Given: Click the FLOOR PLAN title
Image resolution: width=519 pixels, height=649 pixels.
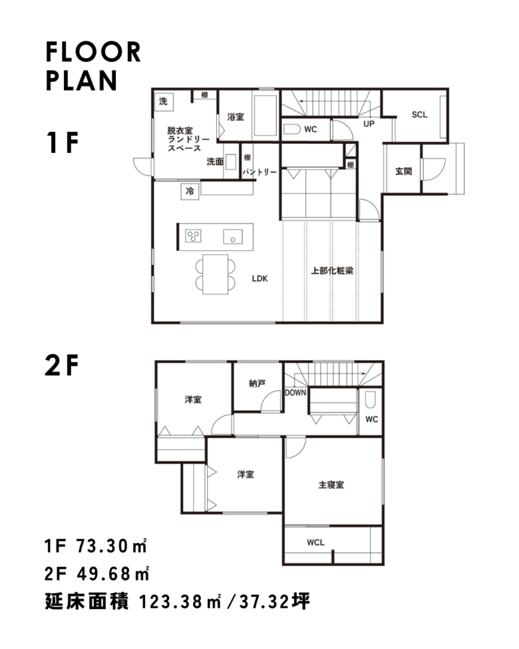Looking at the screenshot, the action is pyautogui.click(x=94, y=66).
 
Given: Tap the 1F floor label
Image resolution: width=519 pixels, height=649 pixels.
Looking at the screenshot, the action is pyautogui.click(x=62, y=143).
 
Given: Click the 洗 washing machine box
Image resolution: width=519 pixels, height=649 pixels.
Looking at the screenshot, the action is pyautogui.click(x=163, y=101).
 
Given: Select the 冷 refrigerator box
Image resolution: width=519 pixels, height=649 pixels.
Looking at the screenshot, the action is pyautogui.click(x=190, y=191).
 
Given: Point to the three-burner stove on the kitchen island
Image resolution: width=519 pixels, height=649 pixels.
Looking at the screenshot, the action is pyautogui.click(x=193, y=236).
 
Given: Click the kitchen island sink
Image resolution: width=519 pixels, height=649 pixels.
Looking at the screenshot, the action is pyautogui.click(x=233, y=236).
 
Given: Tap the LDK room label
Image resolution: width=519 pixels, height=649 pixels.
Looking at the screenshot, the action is pyautogui.click(x=260, y=279).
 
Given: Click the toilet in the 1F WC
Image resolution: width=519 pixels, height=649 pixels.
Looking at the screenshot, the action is pyautogui.click(x=292, y=129).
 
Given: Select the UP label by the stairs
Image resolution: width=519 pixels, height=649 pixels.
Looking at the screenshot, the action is pyautogui.click(x=369, y=124).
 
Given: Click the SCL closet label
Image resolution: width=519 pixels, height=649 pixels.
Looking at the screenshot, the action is pyautogui.click(x=420, y=115).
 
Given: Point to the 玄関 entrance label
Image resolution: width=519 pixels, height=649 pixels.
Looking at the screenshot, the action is pyautogui.click(x=404, y=171).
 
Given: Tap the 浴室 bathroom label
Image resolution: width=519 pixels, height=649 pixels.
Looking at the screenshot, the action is pyautogui.click(x=236, y=117).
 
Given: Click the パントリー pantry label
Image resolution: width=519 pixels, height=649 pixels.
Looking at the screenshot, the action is pyautogui.click(x=260, y=172).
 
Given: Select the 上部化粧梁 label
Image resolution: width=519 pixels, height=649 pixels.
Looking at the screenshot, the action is pyautogui.click(x=332, y=271).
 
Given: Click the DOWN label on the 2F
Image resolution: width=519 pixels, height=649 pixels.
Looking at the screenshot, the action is pyautogui.click(x=295, y=392).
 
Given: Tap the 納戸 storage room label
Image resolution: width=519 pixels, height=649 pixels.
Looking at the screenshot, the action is pyautogui.click(x=257, y=383).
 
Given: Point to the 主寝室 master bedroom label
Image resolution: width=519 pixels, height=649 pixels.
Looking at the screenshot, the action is pyautogui.click(x=331, y=485).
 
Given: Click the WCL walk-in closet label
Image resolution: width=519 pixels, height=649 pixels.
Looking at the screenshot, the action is pyautogui.click(x=316, y=543).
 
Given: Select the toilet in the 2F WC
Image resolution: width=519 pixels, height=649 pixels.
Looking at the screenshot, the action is pyautogui.click(x=371, y=400).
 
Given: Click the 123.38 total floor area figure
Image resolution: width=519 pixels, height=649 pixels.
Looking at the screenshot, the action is pyautogui.click(x=172, y=602).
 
